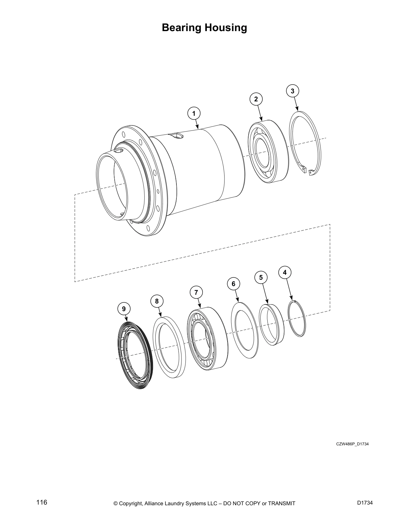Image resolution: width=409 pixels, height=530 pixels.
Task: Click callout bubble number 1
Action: click(194, 113)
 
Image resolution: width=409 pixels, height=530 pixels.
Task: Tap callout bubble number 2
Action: click(256, 99)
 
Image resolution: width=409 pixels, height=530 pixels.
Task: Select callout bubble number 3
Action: click(292, 91)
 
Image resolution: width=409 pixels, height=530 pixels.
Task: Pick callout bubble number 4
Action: click(285, 272)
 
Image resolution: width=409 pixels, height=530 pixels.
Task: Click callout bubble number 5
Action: click(261, 277)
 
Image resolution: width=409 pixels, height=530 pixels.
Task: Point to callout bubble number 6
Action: click(234, 284)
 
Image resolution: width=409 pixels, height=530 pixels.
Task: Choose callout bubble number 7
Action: click(196, 292)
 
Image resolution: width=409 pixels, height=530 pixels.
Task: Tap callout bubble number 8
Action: click(157, 301)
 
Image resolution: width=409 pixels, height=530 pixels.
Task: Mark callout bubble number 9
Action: click(124, 308)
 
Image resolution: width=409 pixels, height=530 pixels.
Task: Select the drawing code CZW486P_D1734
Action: click(352, 444)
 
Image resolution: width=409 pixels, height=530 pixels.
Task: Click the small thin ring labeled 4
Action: click(297, 319)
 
